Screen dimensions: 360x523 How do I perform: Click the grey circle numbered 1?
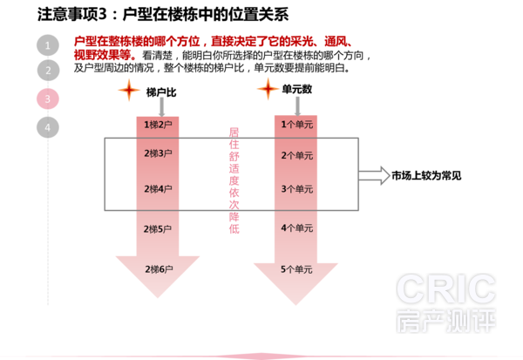[47, 45]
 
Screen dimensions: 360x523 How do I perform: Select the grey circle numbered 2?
[48, 70]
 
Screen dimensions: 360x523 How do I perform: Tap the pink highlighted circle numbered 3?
[48, 98]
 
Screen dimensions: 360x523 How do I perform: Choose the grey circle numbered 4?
[48, 127]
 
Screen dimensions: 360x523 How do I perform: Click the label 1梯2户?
[158, 126]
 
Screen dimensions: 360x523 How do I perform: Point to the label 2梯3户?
[158, 153]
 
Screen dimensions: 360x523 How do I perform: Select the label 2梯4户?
[158, 189]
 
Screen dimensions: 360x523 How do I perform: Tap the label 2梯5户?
[158, 228]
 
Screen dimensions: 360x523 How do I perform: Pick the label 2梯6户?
[159, 269]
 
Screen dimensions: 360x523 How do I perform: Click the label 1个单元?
[296, 125]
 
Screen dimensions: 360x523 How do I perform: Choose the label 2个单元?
[296, 155]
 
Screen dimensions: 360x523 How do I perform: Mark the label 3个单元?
[296, 189]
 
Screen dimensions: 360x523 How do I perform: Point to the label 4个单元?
[296, 228]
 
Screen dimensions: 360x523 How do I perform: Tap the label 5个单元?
[296, 270]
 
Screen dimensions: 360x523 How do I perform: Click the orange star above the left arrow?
[129, 90]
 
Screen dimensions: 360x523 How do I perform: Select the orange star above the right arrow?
[268, 88]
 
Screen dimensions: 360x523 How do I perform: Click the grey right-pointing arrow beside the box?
[376, 175]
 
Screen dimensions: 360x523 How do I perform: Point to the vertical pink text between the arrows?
[234, 180]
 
